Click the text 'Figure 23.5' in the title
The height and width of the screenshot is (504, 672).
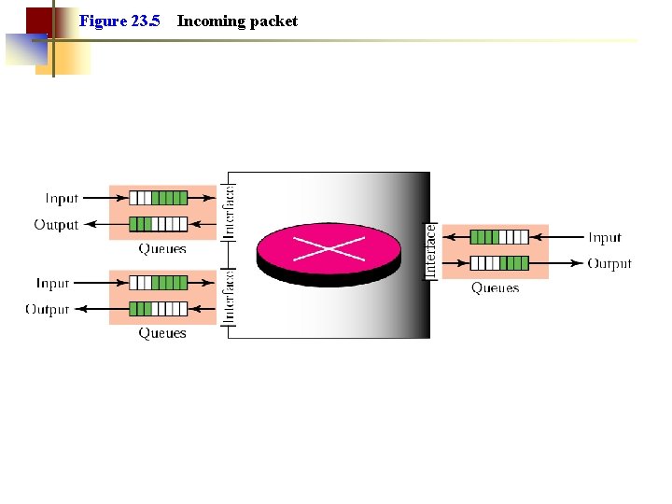[x=119, y=21]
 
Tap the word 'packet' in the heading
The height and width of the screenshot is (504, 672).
[x=273, y=21]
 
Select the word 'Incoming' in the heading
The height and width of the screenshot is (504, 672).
[x=210, y=21]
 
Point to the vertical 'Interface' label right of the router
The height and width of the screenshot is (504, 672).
[x=430, y=249]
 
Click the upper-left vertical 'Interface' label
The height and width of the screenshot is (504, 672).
[x=229, y=212]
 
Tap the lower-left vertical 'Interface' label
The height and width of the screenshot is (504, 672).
[x=229, y=296]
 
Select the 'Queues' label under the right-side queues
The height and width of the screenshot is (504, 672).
[x=495, y=288]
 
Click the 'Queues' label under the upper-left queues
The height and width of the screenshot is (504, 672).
[x=162, y=249]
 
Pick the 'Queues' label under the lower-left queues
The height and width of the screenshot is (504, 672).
[x=162, y=333]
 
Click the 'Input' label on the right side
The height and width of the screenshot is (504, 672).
[x=605, y=238]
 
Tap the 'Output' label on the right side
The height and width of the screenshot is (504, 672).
[x=609, y=264]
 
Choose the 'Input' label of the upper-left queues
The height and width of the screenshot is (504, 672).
[x=62, y=198]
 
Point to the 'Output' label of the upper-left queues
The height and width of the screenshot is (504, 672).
[x=56, y=224]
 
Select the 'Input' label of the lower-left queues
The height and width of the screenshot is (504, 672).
[x=52, y=283]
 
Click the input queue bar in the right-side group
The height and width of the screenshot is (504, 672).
[x=498, y=237]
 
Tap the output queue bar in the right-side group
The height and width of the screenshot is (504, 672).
[x=498, y=263]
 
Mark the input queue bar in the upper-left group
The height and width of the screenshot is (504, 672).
[x=158, y=198]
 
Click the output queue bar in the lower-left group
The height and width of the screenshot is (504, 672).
[x=158, y=309]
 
